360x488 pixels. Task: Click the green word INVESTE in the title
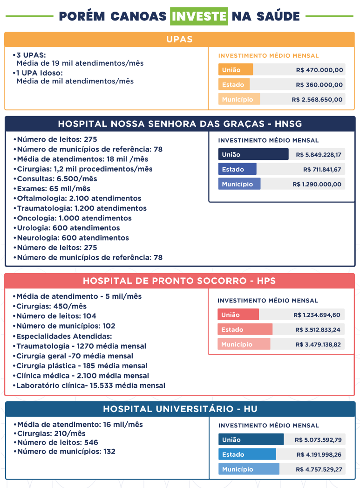pyautogui.click(x=199, y=16)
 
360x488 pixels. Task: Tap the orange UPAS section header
pyautogui.click(x=180, y=39)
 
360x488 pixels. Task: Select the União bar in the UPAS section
pyautogui.click(x=235, y=70)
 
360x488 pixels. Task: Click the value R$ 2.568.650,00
pyautogui.click(x=317, y=100)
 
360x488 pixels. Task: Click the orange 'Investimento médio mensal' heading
pyautogui.click(x=268, y=56)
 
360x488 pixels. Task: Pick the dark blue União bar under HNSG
pyautogui.click(x=253, y=154)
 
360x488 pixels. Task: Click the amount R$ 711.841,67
pyautogui.click(x=322, y=170)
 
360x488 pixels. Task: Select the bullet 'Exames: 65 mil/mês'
pyautogui.click(x=52, y=189)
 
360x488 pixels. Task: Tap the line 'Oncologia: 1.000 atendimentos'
pyautogui.click(x=73, y=218)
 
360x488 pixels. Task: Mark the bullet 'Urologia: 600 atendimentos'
pyautogui.click(x=67, y=228)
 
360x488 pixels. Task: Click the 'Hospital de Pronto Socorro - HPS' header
pyautogui.click(x=179, y=281)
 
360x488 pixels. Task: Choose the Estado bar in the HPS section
pyautogui.click(x=245, y=330)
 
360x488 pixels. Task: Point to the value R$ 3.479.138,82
pyautogui.click(x=318, y=344)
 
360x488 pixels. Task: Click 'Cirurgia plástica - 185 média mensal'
pyautogui.click(x=80, y=366)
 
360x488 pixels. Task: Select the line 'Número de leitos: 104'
pyautogui.click(x=54, y=316)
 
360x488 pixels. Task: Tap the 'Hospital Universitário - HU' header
pyautogui.click(x=180, y=409)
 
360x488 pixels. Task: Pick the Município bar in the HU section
pyautogui.click(x=249, y=469)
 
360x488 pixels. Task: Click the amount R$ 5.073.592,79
pyautogui.click(x=319, y=440)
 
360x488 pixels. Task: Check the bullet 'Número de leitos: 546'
pyautogui.click(x=55, y=443)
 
